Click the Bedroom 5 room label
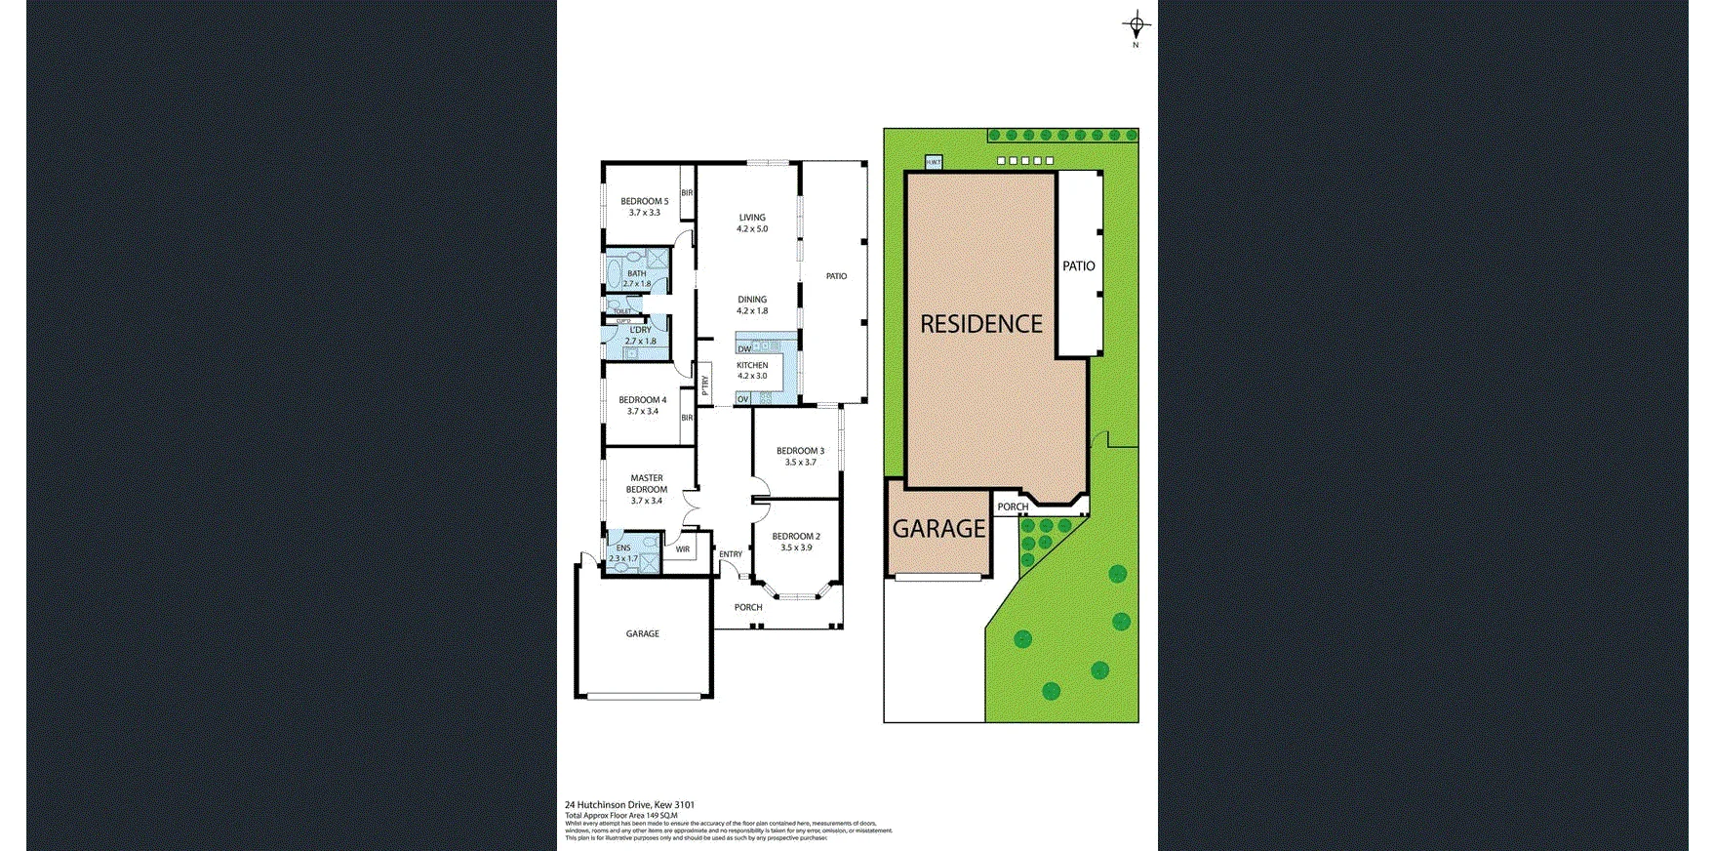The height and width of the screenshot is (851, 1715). [644, 207]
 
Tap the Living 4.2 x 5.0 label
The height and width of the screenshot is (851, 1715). [752, 223]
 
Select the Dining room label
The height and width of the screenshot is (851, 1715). [752, 304]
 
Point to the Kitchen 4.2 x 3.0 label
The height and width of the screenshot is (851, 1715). [752, 370]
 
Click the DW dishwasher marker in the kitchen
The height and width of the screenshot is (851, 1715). [744, 348]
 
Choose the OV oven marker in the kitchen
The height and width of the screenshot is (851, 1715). [743, 398]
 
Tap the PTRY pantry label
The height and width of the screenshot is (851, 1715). [704, 385]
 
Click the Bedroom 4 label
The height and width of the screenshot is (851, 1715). [643, 405]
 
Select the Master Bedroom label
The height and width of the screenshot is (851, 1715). [647, 489]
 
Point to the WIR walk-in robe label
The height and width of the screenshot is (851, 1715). [683, 549]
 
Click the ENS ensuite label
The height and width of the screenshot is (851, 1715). [623, 552]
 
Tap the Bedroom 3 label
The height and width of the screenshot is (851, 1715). [800, 456]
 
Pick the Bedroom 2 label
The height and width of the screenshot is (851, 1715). [796, 542]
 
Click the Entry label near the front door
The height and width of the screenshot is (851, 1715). [731, 554]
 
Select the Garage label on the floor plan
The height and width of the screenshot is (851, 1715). [642, 633]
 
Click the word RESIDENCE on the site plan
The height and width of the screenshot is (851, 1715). [981, 324]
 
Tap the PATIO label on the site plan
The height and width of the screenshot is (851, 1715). [1079, 265]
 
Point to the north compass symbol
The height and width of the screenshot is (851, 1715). [1136, 26]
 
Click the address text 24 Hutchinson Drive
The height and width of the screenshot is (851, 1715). [629, 805]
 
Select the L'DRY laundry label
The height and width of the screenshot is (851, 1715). [640, 335]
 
